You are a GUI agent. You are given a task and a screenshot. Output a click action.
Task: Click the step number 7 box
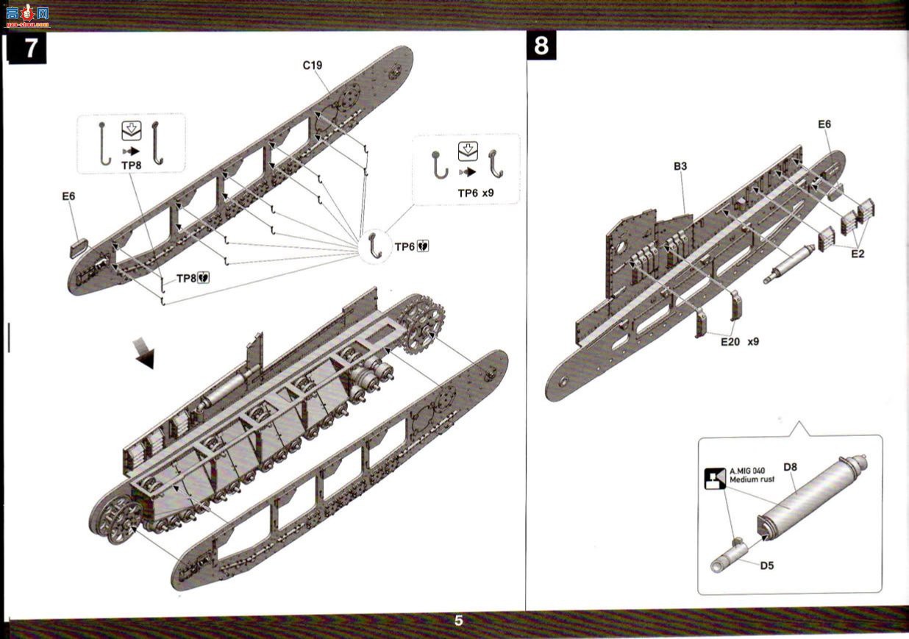tap(28, 49)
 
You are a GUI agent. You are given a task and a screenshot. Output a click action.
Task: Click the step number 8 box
tap(541, 46)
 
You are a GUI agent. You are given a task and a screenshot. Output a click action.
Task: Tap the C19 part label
tap(313, 65)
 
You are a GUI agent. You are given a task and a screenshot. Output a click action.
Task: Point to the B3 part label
tap(680, 166)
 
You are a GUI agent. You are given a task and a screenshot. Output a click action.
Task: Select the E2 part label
tap(858, 254)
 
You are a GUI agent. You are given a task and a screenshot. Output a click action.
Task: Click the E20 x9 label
tap(740, 342)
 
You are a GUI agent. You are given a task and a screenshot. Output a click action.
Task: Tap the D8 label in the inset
tap(790, 468)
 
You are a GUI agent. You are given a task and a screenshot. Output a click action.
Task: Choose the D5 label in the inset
tap(766, 565)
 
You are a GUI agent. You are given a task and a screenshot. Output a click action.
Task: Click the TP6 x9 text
tap(476, 193)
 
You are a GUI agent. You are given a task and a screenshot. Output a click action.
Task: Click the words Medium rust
tap(752, 479)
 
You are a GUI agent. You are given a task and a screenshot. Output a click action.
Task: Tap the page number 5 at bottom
tap(459, 621)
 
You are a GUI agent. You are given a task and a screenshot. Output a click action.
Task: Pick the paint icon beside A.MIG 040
tap(715, 479)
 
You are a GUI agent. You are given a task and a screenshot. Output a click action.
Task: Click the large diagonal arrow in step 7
tap(144, 352)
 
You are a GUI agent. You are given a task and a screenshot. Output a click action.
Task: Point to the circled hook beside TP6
tap(374, 246)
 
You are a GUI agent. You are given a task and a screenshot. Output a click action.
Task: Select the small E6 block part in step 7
tap(79, 248)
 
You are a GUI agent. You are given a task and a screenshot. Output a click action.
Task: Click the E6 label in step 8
tap(824, 124)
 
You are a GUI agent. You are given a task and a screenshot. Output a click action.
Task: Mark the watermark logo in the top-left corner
tap(28, 16)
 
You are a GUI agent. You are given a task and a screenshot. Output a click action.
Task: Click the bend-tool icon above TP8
tap(132, 131)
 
